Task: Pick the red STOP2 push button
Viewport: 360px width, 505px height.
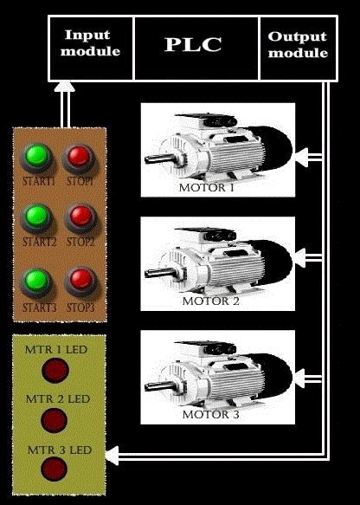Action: coord(80,217)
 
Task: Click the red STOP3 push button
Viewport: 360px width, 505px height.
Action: coord(80,281)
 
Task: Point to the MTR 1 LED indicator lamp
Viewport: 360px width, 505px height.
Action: coord(55,371)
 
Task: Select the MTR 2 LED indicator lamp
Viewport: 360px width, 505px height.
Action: coord(55,420)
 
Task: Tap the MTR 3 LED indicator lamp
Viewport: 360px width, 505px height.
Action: coord(54,469)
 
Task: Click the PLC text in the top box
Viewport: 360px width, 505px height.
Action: coord(193,44)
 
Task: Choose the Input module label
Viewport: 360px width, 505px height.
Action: coord(90,43)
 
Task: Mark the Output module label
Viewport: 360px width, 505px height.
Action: coord(298,45)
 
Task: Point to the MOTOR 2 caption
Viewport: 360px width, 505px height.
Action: coord(211,301)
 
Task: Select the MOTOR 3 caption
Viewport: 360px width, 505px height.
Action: coord(211,415)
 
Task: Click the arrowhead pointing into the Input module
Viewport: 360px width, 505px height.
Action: coord(64,87)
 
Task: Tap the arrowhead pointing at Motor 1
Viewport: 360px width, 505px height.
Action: coord(301,157)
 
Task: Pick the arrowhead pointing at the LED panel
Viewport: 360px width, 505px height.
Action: coord(112,456)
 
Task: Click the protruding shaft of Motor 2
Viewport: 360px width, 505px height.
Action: coord(159,273)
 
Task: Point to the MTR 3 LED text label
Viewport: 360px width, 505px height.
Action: coord(60,450)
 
